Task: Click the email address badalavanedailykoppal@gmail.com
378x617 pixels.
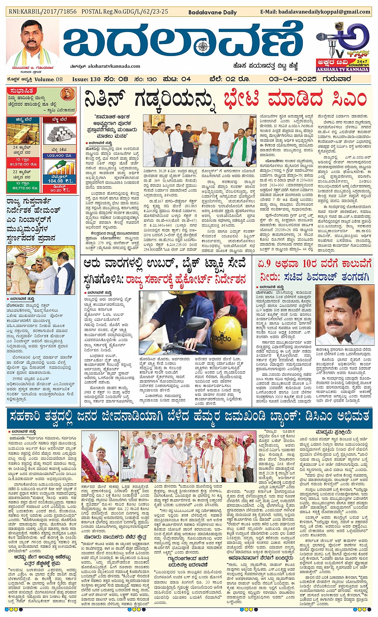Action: [315, 12]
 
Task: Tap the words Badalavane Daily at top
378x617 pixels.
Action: [218, 12]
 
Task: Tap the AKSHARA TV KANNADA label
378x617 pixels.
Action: [342, 70]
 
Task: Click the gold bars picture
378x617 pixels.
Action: [23, 134]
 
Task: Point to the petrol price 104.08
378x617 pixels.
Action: [56, 181]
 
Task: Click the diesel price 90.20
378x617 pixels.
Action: [56, 190]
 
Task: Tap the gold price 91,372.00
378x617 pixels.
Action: [23, 164]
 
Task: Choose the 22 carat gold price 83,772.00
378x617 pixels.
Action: [23, 188]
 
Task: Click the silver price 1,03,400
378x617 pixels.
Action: [56, 155]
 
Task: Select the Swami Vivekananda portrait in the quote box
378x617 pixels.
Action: [68, 94]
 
